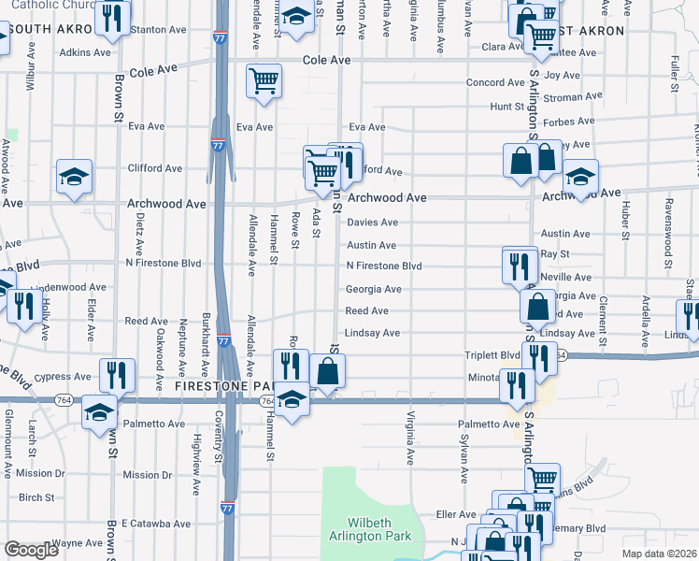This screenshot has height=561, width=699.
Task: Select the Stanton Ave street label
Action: pos(164,30)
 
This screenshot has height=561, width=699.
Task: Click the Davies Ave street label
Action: pos(372,223)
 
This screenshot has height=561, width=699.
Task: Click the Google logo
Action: pos(31,550)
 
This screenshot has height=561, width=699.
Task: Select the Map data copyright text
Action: pos(658,554)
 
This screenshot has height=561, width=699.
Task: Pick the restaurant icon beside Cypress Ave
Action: pos(117,375)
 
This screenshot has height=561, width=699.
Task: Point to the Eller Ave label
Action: pos(456,514)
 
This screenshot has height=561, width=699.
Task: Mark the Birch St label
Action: pos(36,496)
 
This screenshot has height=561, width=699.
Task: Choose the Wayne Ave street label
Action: pos(78,542)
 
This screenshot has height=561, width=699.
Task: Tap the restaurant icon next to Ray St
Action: pos(519,266)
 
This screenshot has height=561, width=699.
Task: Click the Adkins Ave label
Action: pos(85,52)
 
